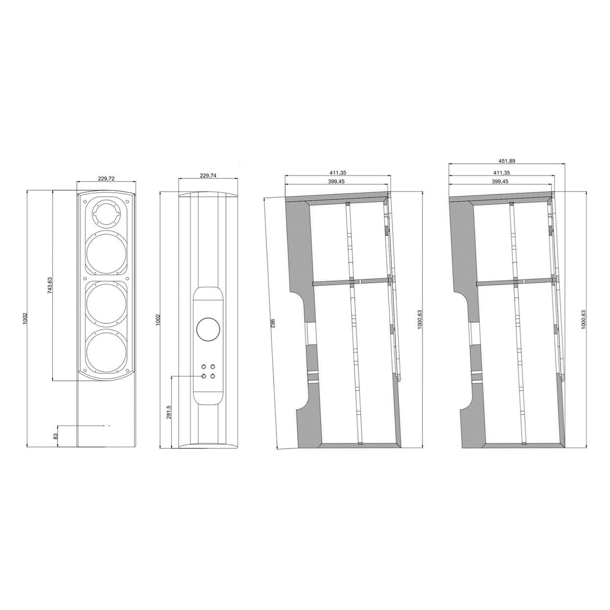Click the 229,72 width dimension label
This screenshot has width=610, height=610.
106,178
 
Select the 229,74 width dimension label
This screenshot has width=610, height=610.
208,175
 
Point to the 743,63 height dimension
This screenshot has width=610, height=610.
50,286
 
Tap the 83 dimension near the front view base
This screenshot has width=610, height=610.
56,437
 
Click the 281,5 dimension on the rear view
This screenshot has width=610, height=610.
169,412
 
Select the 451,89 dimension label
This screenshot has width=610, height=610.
507,161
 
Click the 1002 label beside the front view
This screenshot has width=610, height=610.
25,318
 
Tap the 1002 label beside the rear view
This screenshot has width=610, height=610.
158,319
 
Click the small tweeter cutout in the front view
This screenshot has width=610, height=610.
106,213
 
